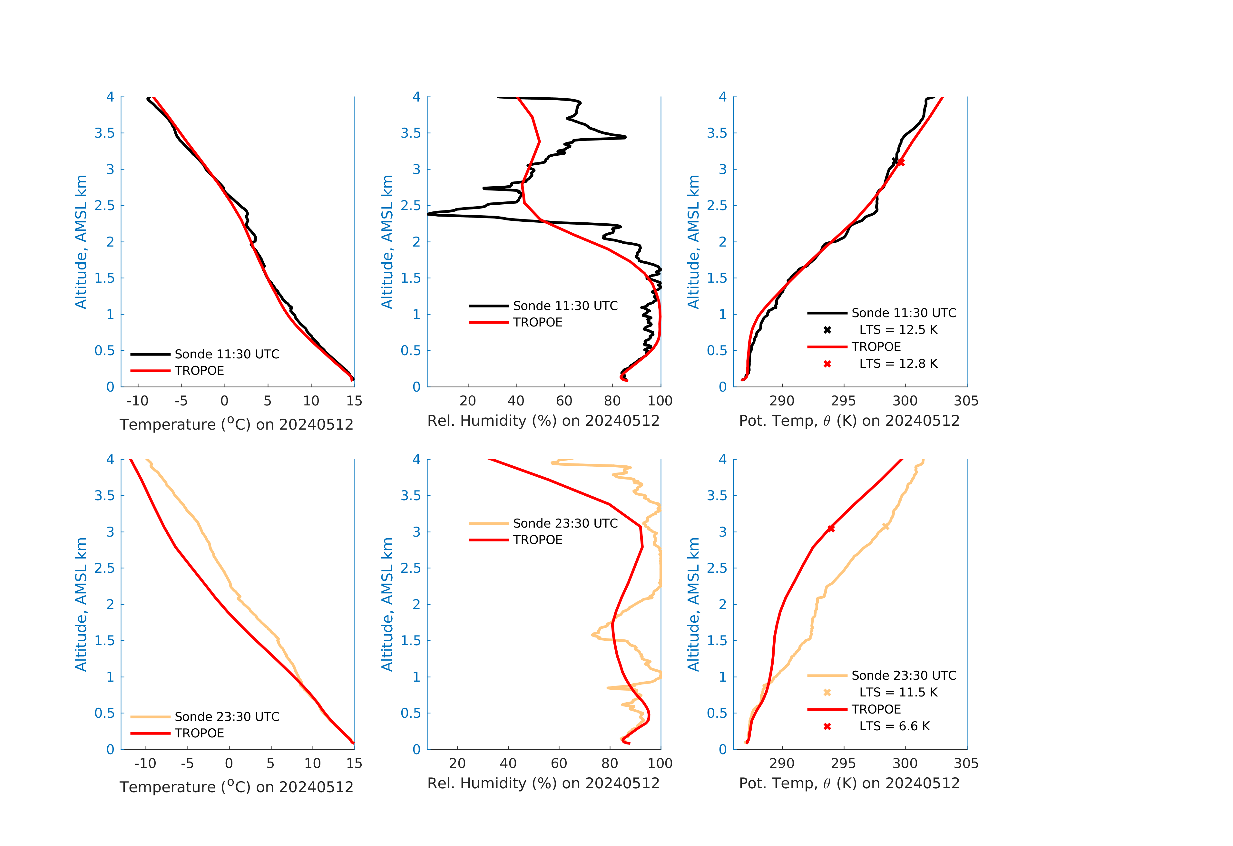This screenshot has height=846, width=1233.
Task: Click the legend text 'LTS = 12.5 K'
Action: coord(898,330)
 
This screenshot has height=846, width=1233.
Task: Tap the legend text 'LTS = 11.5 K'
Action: coord(898,692)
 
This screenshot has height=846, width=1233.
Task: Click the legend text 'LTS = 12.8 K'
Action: coord(898,364)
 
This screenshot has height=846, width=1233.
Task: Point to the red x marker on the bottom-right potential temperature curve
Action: coord(831,529)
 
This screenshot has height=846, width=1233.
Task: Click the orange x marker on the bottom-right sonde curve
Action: coord(886,526)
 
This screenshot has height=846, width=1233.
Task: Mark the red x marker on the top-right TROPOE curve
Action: coord(901,162)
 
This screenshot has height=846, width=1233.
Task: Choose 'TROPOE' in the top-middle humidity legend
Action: coord(537,323)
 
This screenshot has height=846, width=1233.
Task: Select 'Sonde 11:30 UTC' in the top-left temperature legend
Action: coord(227,354)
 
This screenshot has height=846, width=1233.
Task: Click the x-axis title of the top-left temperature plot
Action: coord(236,424)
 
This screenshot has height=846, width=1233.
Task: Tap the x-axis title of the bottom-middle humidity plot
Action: coord(543,783)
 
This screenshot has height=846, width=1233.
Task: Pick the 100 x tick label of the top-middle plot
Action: coord(660,401)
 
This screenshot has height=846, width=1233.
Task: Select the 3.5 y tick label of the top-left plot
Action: coord(104,133)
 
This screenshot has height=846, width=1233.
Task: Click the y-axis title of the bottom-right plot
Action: coord(693,604)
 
